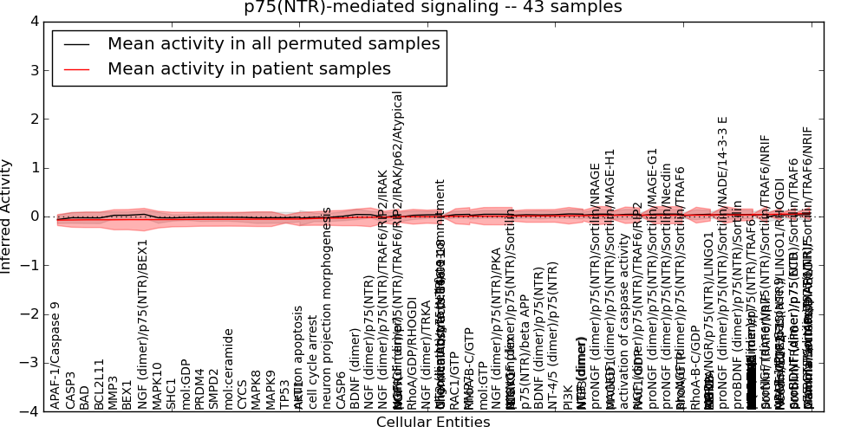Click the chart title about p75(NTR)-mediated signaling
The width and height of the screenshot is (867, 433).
tap(433, 7)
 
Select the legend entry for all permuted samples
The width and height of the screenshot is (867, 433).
tap(273, 43)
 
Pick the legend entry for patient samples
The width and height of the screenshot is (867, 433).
tap(249, 69)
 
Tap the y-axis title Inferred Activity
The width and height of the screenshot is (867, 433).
tap(7, 216)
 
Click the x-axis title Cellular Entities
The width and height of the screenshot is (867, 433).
tap(433, 423)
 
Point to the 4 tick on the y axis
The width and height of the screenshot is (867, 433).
tap(33, 21)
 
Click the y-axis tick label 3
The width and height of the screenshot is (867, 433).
tap(33, 70)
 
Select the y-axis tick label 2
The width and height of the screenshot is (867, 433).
tap(33, 119)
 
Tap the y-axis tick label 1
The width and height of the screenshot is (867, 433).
tap(33, 168)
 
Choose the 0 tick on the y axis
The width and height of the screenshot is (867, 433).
tap(33, 216)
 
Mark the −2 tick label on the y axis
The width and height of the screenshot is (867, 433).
tap(29, 314)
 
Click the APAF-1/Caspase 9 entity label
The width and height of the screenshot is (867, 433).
tap(56, 355)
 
